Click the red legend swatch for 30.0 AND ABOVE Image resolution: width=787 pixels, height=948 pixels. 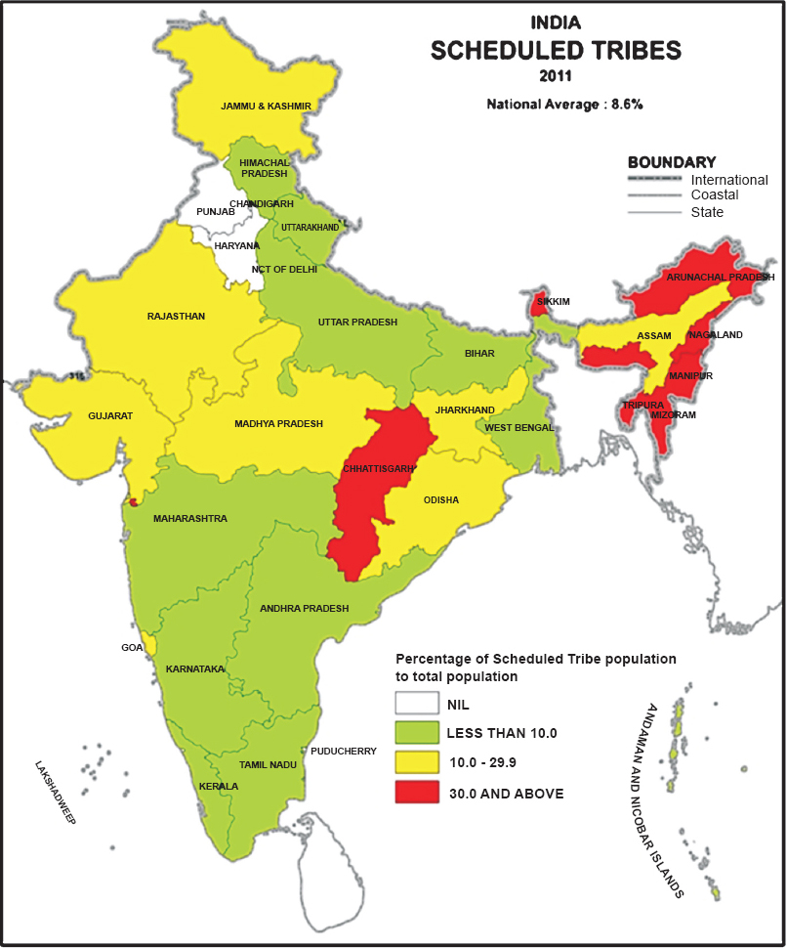[x=416, y=793]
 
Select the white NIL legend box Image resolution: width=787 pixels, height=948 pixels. [x=416, y=703]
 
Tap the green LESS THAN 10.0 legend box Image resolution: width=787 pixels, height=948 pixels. [x=416, y=733]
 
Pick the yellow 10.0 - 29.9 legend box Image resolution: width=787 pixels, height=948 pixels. [x=416, y=762]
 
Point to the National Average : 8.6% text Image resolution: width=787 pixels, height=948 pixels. [x=563, y=103]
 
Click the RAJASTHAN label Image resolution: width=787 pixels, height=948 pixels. [x=176, y=317]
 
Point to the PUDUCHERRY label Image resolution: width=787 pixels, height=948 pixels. [x=344, y=752]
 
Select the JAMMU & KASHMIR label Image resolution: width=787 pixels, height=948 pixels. [x=266, y=106]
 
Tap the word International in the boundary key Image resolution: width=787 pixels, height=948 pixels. [x=729, y=180]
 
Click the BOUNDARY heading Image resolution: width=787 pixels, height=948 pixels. [x=672, y=162]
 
